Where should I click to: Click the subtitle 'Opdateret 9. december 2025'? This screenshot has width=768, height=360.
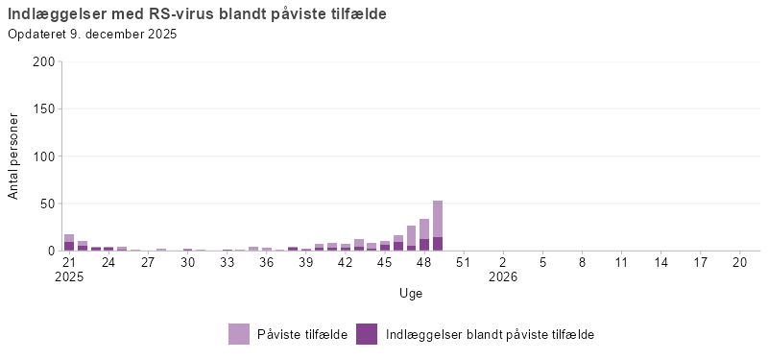pyautogui.click(x=92, y=35)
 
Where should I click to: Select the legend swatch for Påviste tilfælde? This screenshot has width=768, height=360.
pyautogui.click(x=240, y=334)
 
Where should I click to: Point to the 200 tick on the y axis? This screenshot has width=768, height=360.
pyautogui.click(x=43, y=61)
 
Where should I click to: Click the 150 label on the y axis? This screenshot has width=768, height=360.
pyautogui.click(x=43, y=108)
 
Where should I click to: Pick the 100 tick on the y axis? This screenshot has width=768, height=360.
pyautogui.click(x=43, y=156)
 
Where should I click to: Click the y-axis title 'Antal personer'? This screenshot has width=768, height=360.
pyautogui.click(x=13, y=156)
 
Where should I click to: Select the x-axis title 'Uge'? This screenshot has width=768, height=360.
pyautogui.click(x=411, y=293)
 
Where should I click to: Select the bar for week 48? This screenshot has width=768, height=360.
pyautogui.click(x=424, y=230)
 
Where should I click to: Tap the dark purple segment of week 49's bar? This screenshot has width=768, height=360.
pyautogui.click(x=438, y=244)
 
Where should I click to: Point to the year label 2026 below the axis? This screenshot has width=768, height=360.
pyautogui.click(x=503, y=276)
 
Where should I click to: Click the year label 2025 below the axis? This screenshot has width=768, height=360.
pyautogui.click(x=69, y=276)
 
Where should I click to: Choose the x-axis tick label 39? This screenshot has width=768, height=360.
pyautogui.click(x=306, y=261)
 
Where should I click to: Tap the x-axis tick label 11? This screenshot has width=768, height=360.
pyautogui.click(x=621, y=261)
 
